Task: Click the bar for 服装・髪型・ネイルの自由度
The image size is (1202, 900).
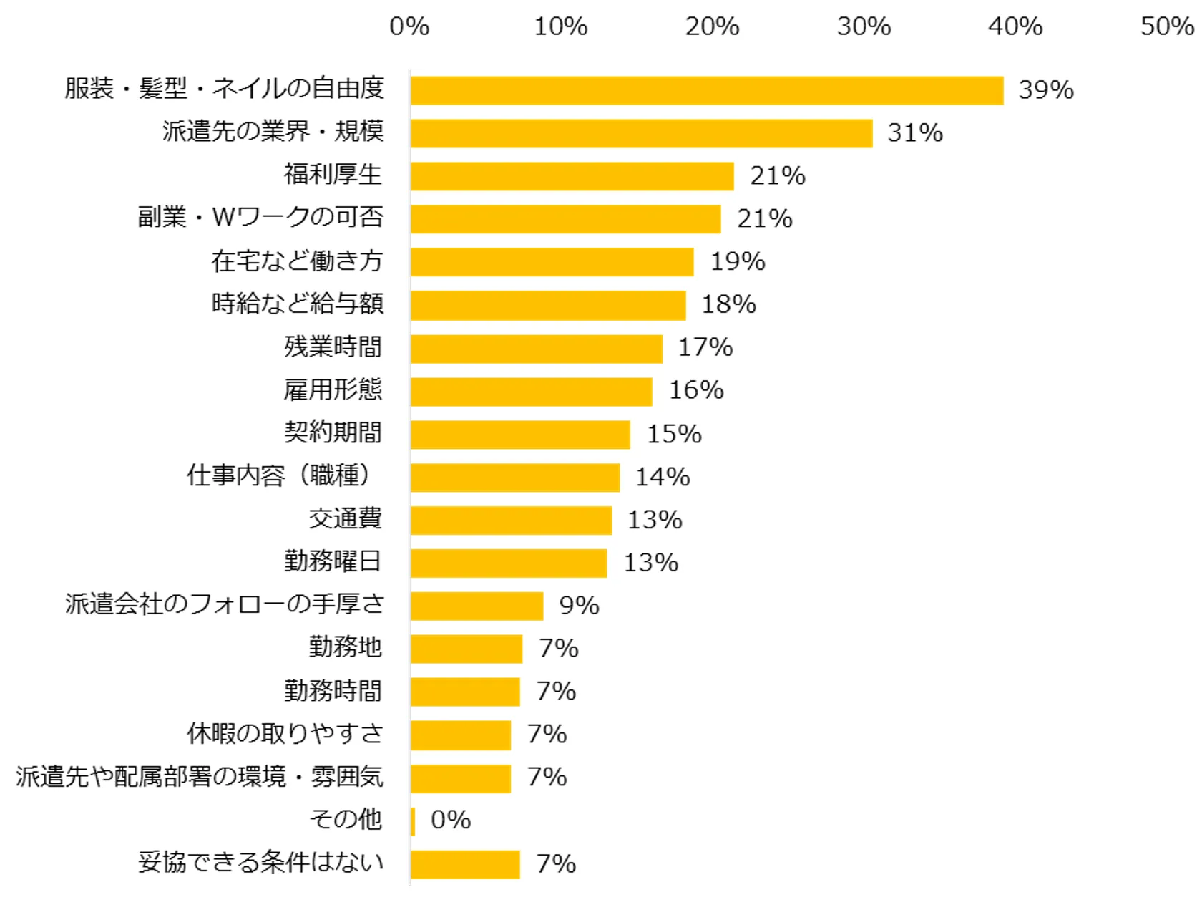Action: tap(707, 90)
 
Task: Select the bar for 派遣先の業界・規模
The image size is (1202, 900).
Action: tap(642, 133)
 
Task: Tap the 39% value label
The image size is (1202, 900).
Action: tap(1046, 90)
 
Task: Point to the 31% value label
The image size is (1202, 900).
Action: tap(915, 133)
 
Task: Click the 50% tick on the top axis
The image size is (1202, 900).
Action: tap(1167, 26)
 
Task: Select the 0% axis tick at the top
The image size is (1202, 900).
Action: tap(409, 26)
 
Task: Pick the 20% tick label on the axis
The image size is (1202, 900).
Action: tap(712, 26)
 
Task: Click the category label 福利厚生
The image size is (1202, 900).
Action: tap(333, 175)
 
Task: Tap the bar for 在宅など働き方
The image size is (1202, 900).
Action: tap(552, 262)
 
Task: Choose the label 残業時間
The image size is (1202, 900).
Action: tap(333, 347)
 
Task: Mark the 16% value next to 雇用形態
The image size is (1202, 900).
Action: tap(696, 390)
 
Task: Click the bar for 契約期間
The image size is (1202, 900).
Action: tap(520, 435)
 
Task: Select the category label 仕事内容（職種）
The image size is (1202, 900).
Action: tap(279, 475)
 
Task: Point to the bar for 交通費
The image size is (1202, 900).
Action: tap(511, 521)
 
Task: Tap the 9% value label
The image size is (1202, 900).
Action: tap(579, 606)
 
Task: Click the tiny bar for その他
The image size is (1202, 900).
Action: tap(413, 821)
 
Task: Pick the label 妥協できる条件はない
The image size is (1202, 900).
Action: tap(261, 863)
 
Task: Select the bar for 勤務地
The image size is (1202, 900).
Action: tap(466, 649)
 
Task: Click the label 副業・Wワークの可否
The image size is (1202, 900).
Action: tap(261, 218)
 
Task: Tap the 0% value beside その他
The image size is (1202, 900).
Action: tap(451, 821)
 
